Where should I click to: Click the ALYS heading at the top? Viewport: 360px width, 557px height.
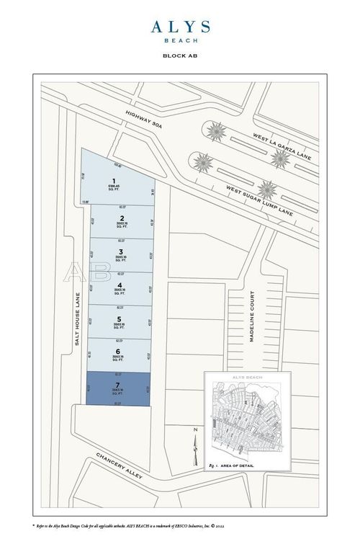tap(180, 27)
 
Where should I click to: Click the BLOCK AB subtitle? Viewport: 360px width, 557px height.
tap(180, 55)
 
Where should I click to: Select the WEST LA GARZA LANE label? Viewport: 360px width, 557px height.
tap(284, 152)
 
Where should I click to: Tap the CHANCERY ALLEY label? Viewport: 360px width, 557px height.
tap(120, 468)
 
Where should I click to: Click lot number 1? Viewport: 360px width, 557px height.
tap(114, 180)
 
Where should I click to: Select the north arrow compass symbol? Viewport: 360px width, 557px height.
tap(193, 447)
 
